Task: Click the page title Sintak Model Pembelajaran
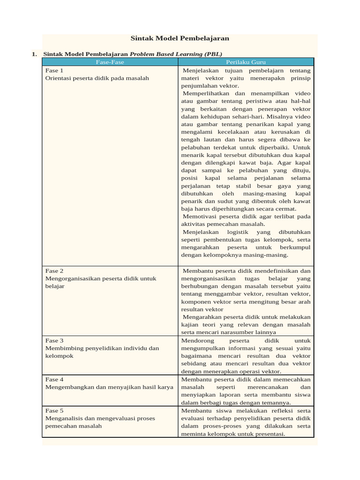click(180, 38)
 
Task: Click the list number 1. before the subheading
click(34, 54)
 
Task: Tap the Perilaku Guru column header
click(246, 62)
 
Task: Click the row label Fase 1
click(54, 70)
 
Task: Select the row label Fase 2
click(54, 271)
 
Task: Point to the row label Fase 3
click(54, 340)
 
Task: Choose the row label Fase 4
click(54, 379)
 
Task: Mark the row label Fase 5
click(54, 410)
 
